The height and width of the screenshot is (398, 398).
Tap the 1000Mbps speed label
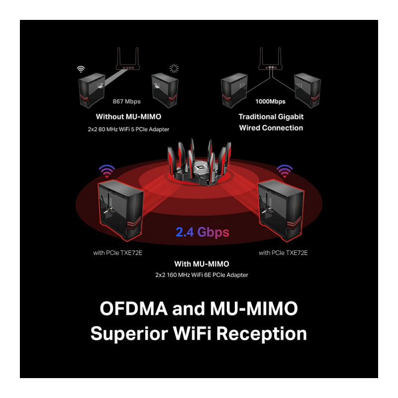point(270,101)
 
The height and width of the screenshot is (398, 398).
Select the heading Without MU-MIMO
point(128,117)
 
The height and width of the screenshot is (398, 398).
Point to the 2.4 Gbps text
point(202,232)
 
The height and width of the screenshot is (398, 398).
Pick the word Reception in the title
point(262,333)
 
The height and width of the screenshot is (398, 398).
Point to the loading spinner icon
point(174,69)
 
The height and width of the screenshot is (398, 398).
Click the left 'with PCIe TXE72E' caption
point(118,253)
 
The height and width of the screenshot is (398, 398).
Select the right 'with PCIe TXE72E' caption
point(283,253)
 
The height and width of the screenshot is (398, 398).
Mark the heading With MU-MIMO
point(201,264)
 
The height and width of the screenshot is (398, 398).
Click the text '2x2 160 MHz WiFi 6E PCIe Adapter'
point(201,275)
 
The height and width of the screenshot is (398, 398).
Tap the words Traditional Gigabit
point(271,116)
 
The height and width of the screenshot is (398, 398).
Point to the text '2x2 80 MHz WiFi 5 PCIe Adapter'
point(128,129)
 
